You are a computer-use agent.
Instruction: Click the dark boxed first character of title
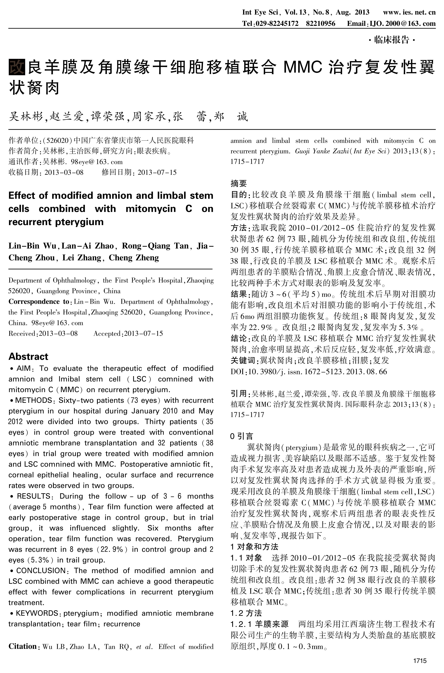pyautogui.click(x=17, y=67)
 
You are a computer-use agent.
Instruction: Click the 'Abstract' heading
pyautogui.click(x=28, y=356)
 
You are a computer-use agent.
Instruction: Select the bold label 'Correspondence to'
pyautogui.click(x=39, y=301)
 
